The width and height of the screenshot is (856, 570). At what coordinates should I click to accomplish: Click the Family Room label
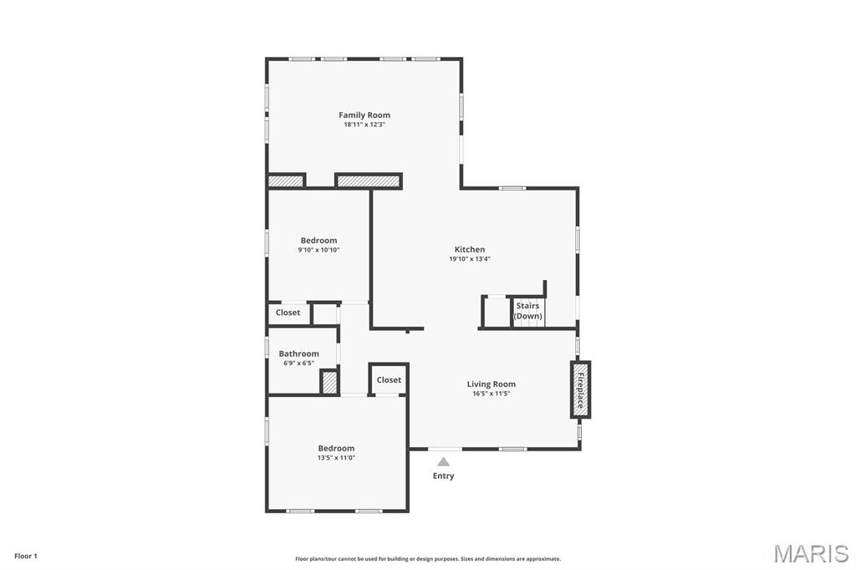(x=364, y=115)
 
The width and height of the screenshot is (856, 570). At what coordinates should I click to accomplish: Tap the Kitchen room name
(x=469, y=249)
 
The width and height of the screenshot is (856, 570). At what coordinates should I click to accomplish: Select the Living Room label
(x=491, y=384)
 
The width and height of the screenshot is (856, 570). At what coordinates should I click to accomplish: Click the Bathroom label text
(x=298, y=354)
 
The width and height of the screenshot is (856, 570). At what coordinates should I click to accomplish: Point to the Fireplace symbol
(x=580, y=389)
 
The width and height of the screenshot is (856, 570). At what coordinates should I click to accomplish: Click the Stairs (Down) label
(x=527, y=311)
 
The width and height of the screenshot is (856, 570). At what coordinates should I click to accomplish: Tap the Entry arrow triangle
(x=443, y=461)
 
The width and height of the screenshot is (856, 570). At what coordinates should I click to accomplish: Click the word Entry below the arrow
(x=443, y=476)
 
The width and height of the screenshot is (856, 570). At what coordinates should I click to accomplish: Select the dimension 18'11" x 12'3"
(x=364, y=125)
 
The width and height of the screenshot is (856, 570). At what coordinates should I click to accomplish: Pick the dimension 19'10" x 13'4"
(x=469, y=259)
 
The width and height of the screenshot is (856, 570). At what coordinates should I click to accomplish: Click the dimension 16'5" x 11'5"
(x=491, y=394)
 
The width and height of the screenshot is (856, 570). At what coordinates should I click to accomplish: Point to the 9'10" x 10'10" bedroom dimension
(x=318, y=250)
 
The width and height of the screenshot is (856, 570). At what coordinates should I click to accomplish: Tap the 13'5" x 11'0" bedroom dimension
(x=336, y=457)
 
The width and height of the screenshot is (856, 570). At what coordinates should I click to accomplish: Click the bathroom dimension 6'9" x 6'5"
(x=298, y=364)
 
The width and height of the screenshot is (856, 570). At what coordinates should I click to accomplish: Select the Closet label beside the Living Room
(x=389, y=379)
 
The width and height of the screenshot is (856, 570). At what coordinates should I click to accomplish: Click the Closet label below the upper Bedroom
(x=288, y=313)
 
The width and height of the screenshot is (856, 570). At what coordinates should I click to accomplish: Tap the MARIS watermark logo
(x=811, y=553)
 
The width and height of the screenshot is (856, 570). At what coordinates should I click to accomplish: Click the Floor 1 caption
(x=25, y=556)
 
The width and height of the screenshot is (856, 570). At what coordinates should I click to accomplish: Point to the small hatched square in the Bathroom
(x=329, y=382)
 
